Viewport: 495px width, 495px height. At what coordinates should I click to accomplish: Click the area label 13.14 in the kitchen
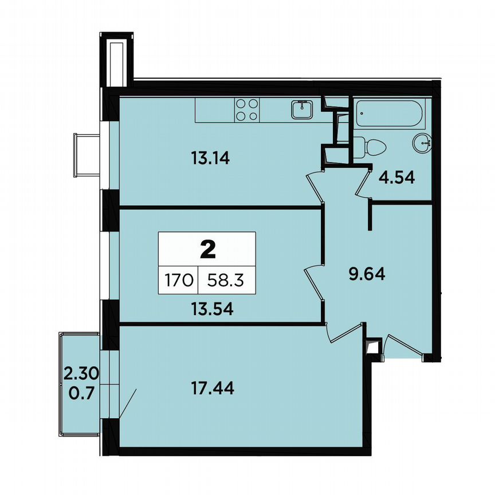pyautogui.click(x=210, y=158)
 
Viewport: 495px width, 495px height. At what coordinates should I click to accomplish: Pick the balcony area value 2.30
pyautogui.click(x=81, y=374)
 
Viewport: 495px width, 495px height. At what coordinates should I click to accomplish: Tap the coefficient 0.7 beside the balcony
pyautogui.click(x=81, y=392)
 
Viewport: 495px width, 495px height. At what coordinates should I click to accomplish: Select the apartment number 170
pyautogui.click(x=178, y=281)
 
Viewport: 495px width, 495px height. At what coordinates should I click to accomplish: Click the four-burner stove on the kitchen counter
pyautogui.click(x=247, y=110)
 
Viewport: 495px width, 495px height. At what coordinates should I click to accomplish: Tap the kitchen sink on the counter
pyautogui.click(x=301, y=108)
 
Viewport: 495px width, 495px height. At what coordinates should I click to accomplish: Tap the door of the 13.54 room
pyautogui.click(x=314, y=280)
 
